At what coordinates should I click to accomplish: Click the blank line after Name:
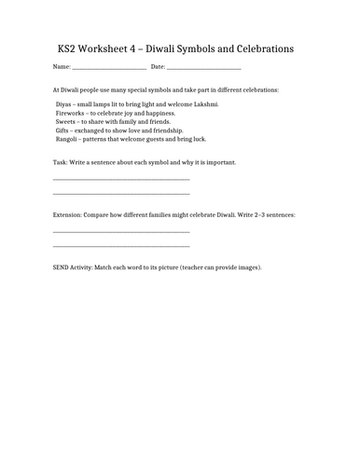108,69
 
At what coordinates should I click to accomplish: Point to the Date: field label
158,68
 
